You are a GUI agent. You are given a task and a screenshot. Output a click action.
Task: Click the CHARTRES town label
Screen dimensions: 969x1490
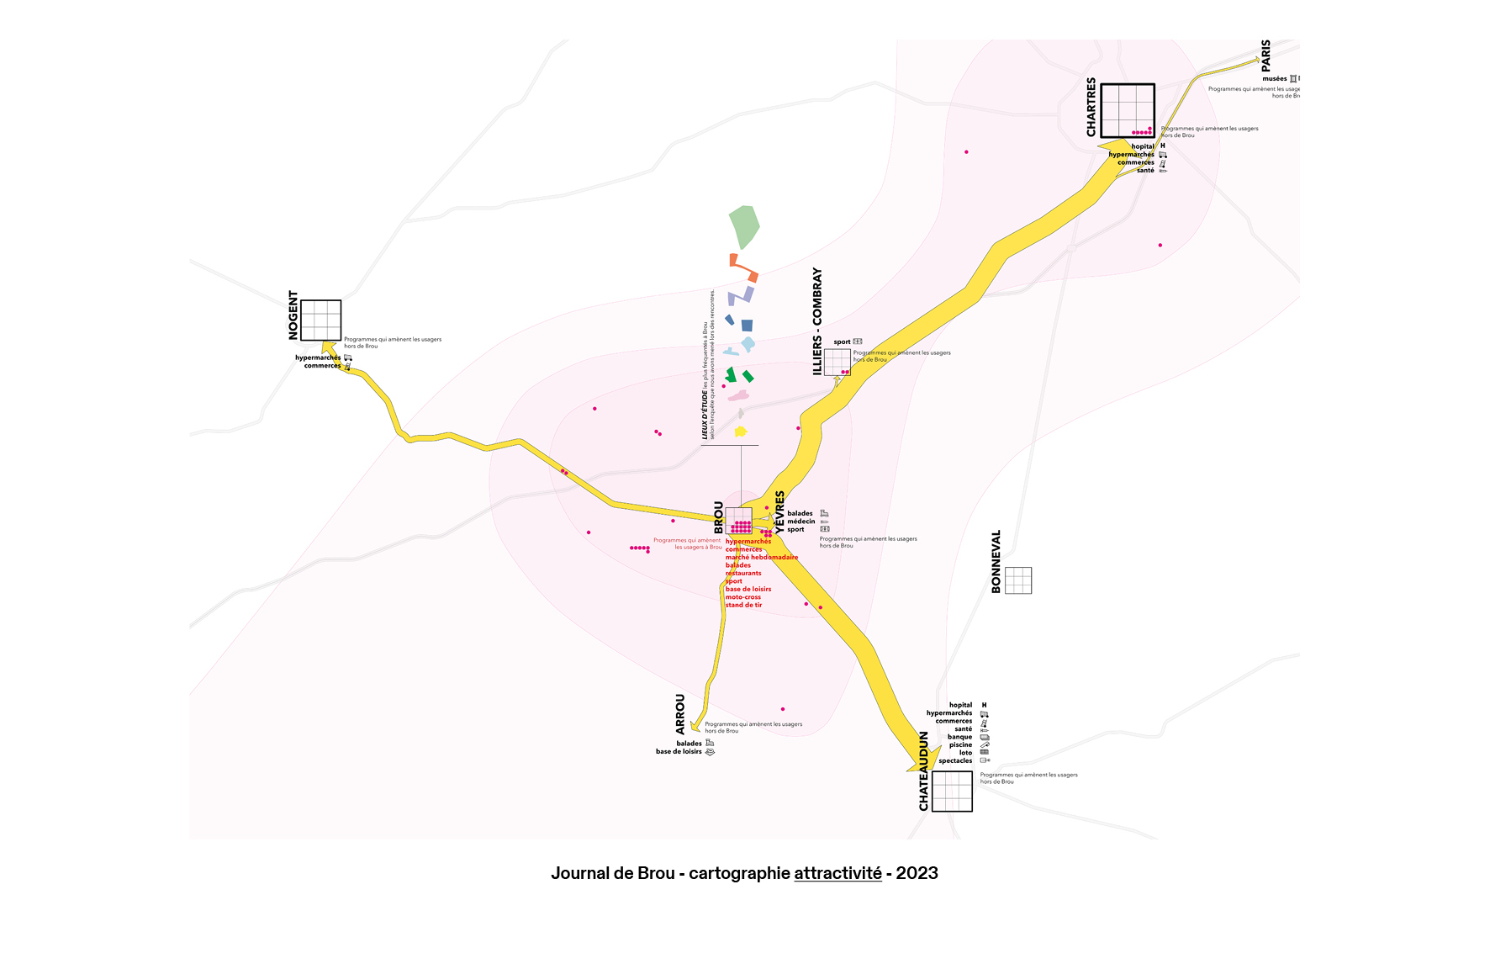pos(1091,107)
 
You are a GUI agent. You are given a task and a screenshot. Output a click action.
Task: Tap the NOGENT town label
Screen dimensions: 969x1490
pos(293,315)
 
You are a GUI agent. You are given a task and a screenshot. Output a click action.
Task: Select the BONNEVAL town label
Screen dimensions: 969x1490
pos(996,561)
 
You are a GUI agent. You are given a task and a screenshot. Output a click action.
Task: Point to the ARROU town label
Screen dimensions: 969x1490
pos(680,714)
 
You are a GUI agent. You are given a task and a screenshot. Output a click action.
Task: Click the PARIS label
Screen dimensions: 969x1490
pos(1265,55)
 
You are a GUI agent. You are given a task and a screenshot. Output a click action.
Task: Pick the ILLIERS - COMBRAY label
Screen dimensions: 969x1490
pos(817,320)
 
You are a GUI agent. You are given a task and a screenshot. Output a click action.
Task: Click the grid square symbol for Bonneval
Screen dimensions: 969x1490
pos(1018,580)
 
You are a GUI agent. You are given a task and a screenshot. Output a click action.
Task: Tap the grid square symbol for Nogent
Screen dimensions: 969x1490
pos(321,320)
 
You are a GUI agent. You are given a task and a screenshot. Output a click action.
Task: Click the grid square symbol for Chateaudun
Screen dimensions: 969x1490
pos(953,792)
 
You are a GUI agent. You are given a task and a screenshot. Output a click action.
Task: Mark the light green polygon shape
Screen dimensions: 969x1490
pos(744,226)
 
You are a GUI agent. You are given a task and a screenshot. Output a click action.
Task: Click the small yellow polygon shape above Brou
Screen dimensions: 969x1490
pos(740,432)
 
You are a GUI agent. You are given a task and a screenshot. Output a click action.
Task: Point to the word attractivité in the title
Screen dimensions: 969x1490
pos(837,873)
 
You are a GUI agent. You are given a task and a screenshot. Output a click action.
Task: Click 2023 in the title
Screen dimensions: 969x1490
pos(917,873)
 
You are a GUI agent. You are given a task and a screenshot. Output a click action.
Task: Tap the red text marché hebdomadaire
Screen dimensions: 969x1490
pos(762,557)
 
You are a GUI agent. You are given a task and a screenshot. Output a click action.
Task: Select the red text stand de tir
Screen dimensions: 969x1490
pos(743,605)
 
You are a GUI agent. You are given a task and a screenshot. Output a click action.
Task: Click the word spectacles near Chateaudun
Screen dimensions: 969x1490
pos(955,760)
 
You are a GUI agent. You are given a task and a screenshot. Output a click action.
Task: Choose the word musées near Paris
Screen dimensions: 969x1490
pos(1274,78)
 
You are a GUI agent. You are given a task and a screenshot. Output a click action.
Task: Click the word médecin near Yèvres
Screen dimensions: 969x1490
pos(801,522)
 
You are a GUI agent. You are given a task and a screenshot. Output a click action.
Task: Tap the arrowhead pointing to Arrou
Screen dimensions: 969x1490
pos(695,726)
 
